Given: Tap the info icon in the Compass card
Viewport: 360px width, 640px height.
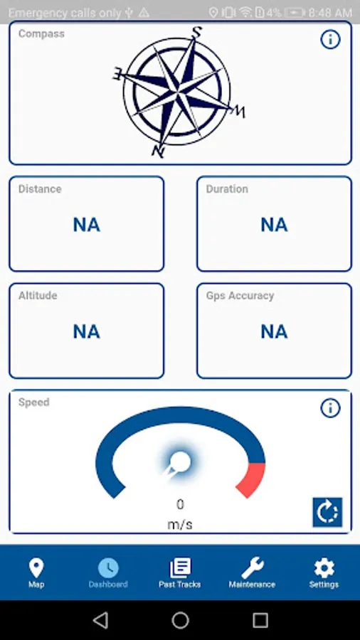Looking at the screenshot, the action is [x=330, y=40].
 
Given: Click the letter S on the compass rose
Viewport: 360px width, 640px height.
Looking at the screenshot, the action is [x=197, y=32].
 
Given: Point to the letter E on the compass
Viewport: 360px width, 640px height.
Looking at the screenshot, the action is [x=117, y=74].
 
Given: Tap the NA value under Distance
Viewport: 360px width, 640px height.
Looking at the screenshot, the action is [x=87, y=225].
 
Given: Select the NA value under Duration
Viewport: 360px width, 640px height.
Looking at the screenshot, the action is [x=275, y=225].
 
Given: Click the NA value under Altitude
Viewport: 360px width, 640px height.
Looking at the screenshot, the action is [x=87, y=332].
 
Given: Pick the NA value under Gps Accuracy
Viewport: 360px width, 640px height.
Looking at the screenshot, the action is [x=275, y=332].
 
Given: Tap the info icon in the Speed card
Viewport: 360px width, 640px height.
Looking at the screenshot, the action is [x=330, y=407].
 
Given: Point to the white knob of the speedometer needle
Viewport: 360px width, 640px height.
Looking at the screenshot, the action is [x=180, y=462].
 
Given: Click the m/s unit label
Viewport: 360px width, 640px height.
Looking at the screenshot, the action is [x=180, y=525].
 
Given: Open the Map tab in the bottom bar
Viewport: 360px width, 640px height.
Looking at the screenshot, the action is [x=36, y=573].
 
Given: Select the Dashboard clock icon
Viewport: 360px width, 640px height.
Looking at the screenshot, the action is [x=108, y=568].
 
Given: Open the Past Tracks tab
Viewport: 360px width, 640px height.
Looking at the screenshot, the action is [x=180, y=573].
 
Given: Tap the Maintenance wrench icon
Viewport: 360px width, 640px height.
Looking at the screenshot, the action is [x=253, y=568].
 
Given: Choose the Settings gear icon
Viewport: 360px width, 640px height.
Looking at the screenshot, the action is [x=324, y=568].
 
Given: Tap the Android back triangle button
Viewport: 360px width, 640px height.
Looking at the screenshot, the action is [x=100, y=620].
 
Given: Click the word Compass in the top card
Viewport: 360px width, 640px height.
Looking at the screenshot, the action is [x=41, y=33].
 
